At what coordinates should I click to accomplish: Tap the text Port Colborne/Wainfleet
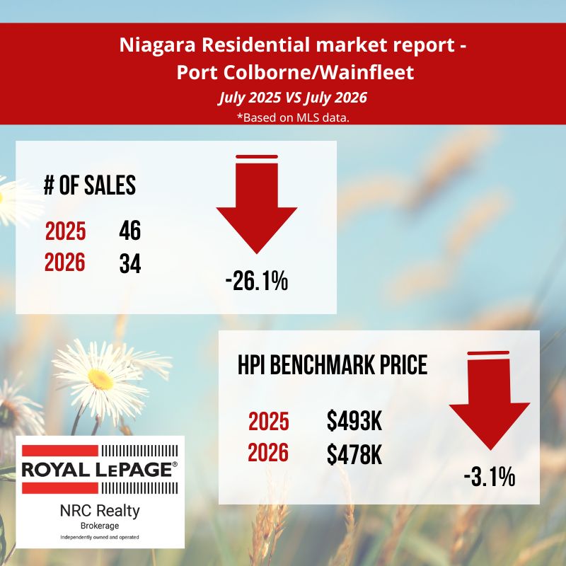coord(295,72)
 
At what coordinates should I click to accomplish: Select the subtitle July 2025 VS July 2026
coord(292,98)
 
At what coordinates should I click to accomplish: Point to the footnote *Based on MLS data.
coord(293,117)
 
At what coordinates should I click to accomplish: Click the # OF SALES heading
coord(90,185)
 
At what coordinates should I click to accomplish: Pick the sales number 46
coord(130,231)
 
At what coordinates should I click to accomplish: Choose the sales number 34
coord(130,263)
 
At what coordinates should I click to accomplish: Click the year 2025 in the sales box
coord(65,231)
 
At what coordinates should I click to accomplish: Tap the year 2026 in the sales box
coord(65,262)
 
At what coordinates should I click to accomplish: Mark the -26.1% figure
coord(257,281)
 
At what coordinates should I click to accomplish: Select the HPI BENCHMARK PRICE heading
coord(333,364)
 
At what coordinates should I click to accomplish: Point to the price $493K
coord(354,421)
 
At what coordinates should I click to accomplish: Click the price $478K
coord(354,454)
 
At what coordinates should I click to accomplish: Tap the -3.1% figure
coord(490,476)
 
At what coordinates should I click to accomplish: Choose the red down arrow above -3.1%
coord(490,400)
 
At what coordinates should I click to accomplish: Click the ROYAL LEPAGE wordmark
coord(100,470)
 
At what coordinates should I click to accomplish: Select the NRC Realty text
coord(100,511)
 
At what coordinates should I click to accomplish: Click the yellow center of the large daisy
coord(100,379)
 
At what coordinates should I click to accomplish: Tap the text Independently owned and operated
coord(100,538)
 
